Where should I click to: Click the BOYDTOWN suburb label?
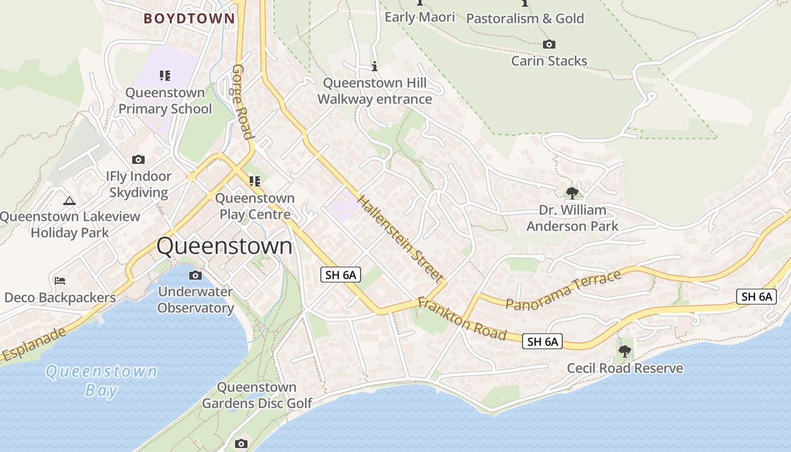click(189, 18)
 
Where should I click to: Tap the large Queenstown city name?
click(224, 246)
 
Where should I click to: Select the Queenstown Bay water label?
click(102, 380)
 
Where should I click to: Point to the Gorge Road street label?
click(241, 102)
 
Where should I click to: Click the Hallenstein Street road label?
click(399, 238)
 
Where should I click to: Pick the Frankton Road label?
click(462, 319)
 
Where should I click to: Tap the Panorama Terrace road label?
click(563, 289)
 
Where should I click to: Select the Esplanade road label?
click(34, 344)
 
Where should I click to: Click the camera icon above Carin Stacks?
click(549, 44)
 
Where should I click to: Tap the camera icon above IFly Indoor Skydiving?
click(138, 160)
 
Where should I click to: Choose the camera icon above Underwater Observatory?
click(195, 275)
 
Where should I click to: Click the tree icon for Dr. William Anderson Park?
click(572, 193)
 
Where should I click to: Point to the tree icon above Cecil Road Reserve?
click(624, 351)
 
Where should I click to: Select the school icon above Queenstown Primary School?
click(165, 75)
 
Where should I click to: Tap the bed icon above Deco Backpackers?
click(60, 281)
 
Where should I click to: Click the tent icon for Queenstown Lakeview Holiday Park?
click(69, 200)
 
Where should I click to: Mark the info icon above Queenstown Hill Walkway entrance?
click(374, 66)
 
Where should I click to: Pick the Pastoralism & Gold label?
click(525, 18)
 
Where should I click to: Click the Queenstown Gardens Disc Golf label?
click(257, 395)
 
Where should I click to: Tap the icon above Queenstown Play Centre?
click(255, 181)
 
